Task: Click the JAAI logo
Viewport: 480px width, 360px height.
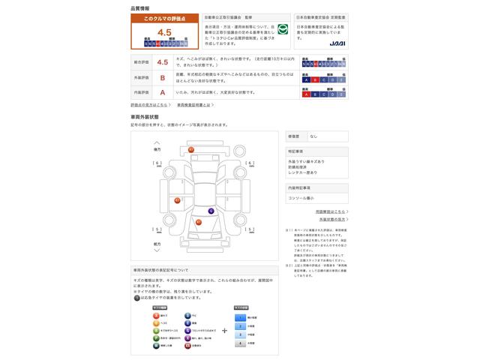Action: [337, 45]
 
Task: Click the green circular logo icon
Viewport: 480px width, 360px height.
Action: [282, 31]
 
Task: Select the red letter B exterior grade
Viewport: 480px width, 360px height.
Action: [163, 77]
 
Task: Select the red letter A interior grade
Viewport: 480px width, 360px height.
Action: [163, 92]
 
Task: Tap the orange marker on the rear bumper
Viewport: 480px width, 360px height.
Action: [190, 150]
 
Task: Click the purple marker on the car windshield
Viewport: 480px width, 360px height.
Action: [211, 211]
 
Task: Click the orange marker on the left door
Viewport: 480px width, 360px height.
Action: [177, 200]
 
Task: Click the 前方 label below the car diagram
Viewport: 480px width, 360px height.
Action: [157, 244]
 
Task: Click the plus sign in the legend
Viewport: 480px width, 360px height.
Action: [224, 330]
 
